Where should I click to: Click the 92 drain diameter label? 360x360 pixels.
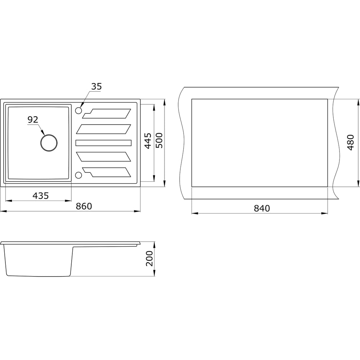point(33,120)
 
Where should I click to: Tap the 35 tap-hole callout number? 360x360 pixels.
point(96,86)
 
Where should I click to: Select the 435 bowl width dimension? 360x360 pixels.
point(41,195)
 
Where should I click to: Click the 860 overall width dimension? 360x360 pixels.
point(84,206)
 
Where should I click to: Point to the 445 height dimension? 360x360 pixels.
point(148,141)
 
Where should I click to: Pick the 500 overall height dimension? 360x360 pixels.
point(159,140)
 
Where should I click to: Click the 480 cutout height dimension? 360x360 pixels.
point(350,142)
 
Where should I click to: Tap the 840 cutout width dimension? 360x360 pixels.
point(262,208)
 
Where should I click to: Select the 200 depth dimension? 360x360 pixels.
point(149,258)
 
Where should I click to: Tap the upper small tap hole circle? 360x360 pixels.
point(78,111)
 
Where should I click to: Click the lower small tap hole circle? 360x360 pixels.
point(78,175)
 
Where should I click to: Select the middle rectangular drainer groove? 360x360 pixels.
point(104,143)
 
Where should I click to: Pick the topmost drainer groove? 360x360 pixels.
point(107,114)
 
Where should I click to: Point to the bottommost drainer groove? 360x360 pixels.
point(107,172)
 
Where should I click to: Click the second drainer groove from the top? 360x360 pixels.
point(104,129)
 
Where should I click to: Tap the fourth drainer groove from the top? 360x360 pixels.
point(104,157)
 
